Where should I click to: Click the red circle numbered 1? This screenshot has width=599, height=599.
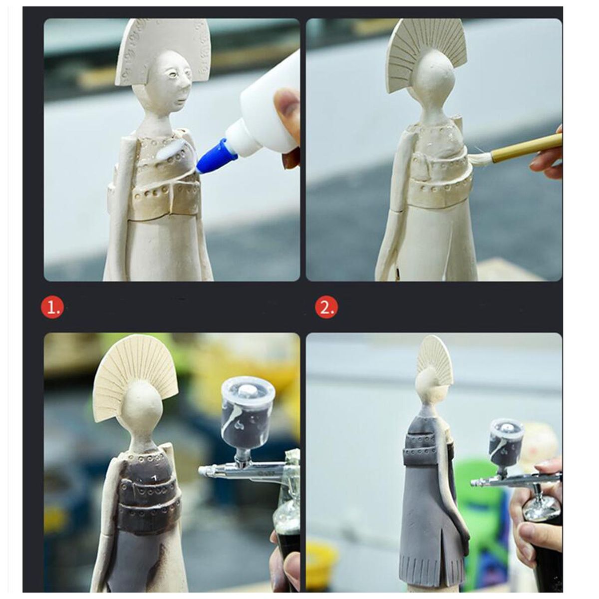click(52, 308)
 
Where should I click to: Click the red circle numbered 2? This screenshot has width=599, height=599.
click(326, 308)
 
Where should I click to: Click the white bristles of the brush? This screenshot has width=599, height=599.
click(481, 157)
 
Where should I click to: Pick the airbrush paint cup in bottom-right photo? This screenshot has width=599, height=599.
click(507, 441)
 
